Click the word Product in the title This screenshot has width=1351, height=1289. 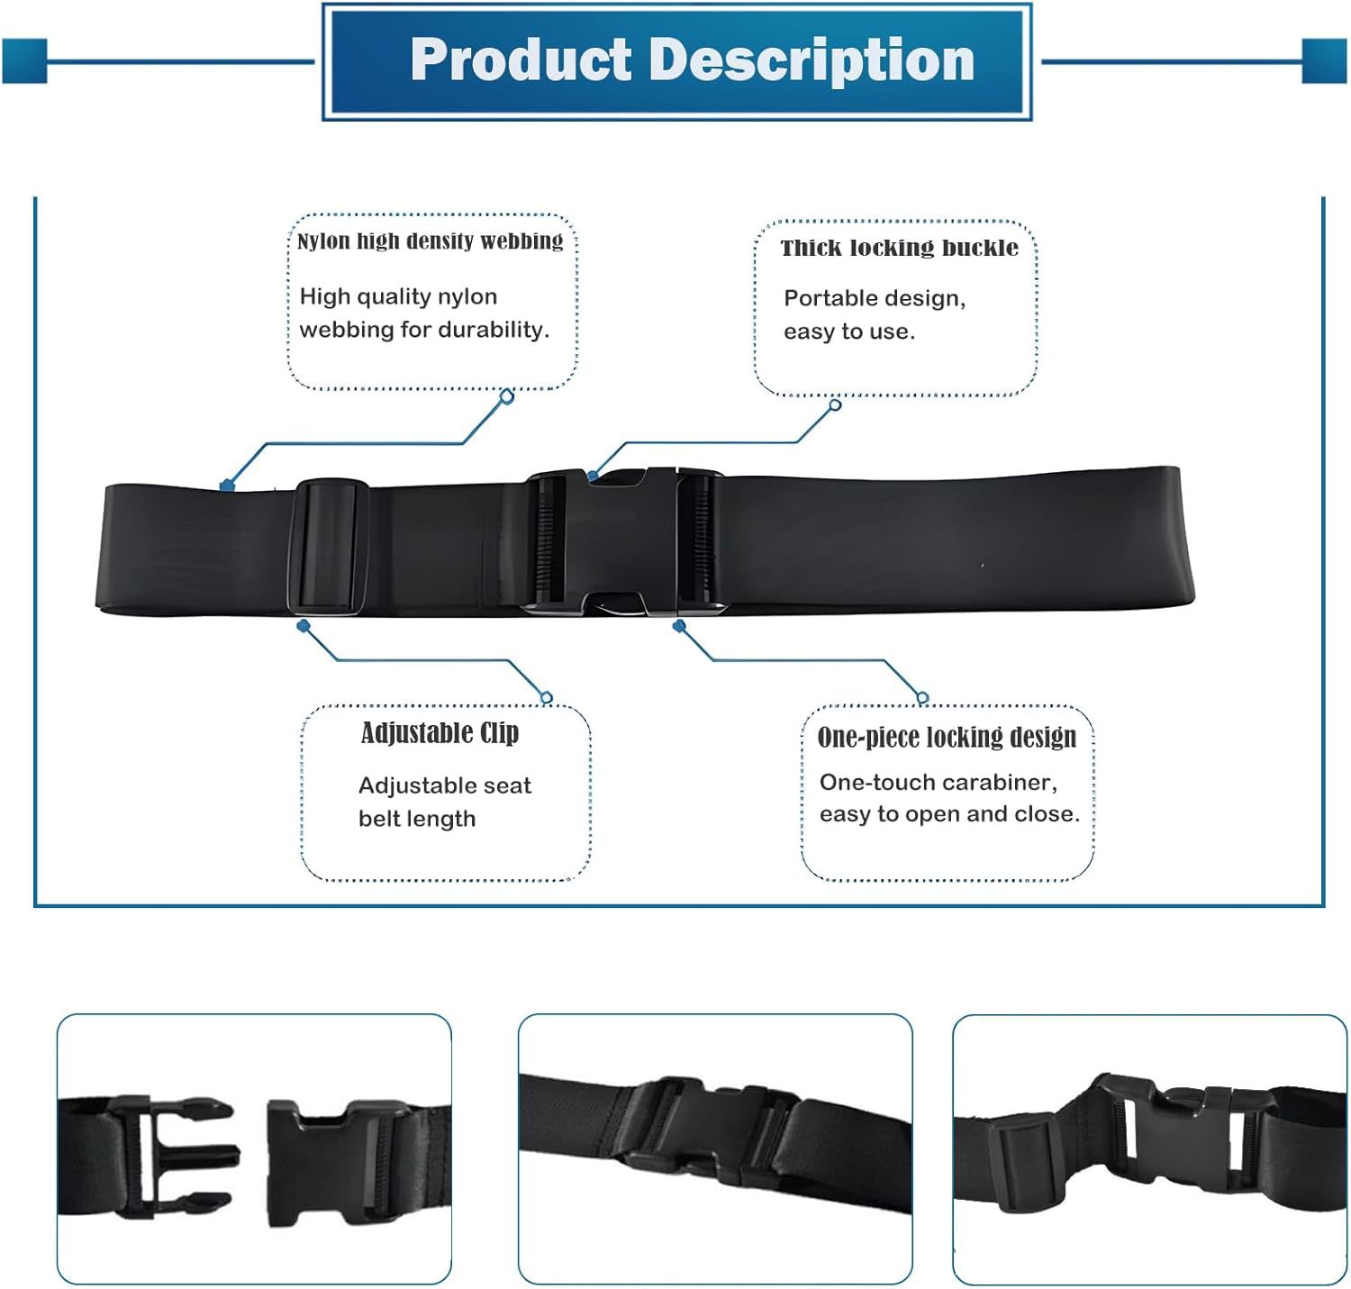tap(521, 60)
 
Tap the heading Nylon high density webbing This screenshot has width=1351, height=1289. tap(430, 241)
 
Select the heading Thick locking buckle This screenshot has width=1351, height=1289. tap(899, 248)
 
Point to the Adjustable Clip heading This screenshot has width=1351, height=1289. tap(440, 733)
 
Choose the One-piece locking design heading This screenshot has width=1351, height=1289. tap(947, 737)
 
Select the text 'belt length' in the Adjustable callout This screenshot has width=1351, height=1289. tap(417, 819)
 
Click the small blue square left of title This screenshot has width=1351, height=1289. tap(24, 61)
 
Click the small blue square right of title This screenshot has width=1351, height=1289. tap(1324, 61)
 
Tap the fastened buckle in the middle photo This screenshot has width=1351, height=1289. tap(712, 1130)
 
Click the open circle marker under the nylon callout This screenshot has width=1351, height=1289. tap(507, 395)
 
